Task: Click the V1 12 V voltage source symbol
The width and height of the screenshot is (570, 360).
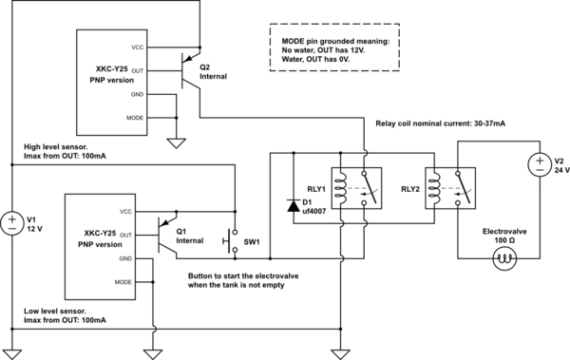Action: pos(13,224)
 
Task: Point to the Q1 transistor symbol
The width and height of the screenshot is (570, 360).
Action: pos(167,234)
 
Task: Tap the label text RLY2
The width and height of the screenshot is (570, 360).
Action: pos(410,189)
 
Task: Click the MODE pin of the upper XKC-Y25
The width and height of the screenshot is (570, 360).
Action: pos(135,117)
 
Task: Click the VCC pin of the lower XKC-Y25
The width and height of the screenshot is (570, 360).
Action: pos(125,211)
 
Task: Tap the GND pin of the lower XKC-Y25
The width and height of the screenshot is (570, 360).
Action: pos(125,257)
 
